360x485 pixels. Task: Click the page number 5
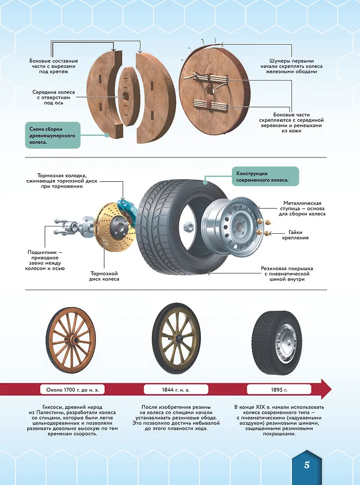(306, 465)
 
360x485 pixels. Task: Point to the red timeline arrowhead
(325, 390)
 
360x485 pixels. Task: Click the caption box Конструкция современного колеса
(265, 176)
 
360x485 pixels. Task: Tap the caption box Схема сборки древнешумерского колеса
(52, 135)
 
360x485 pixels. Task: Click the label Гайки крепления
(298, 235)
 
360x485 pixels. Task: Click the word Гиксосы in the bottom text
(40, 408)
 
